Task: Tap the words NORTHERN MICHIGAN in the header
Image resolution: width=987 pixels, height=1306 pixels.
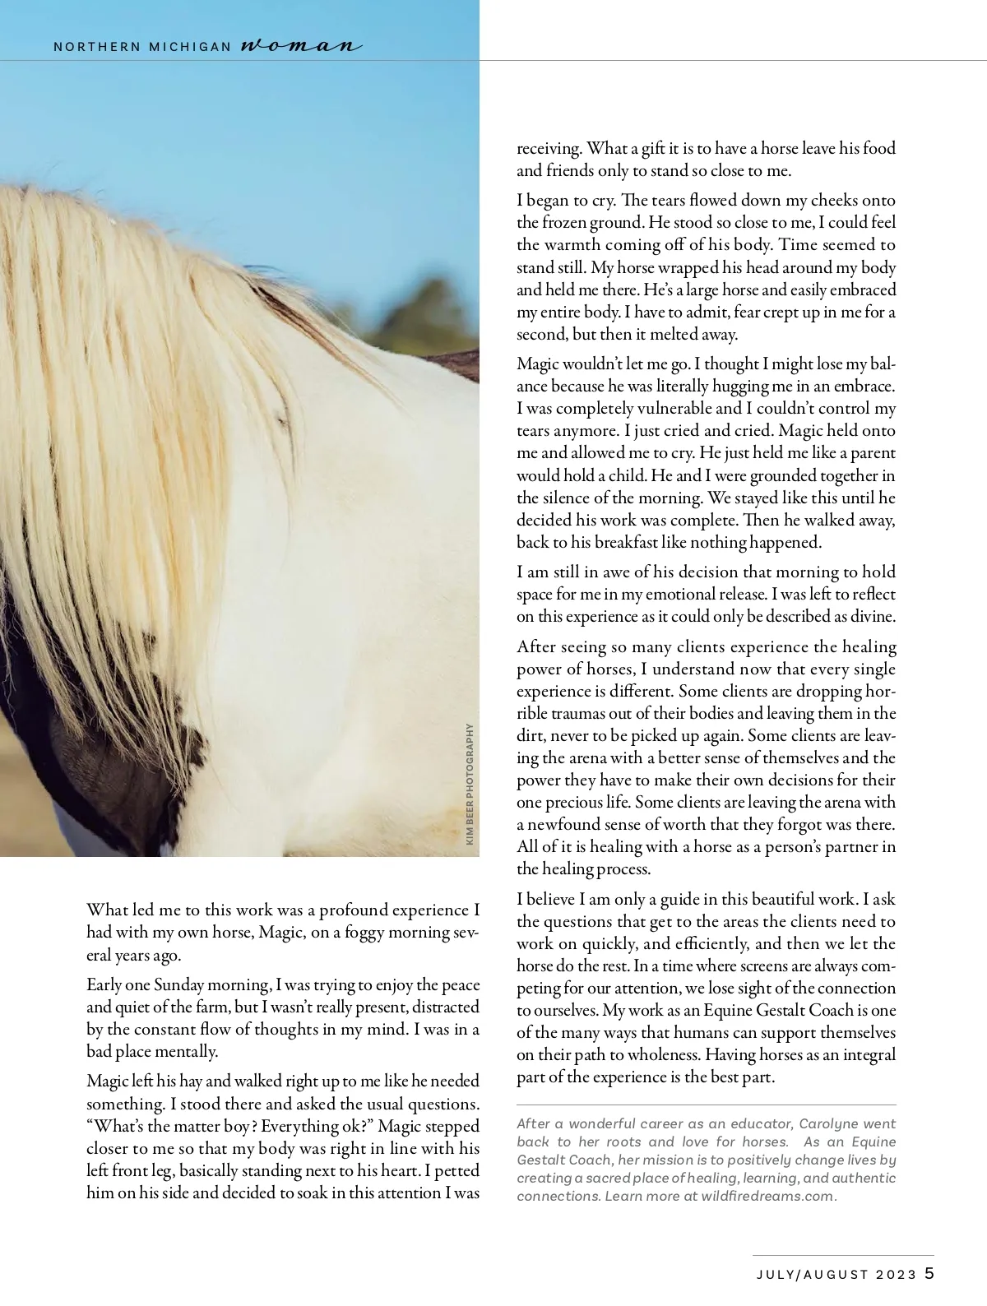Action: pos(142,47)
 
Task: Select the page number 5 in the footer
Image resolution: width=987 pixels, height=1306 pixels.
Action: pos(929,1274)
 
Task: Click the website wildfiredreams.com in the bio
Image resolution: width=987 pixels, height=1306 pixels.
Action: pos(768,1196)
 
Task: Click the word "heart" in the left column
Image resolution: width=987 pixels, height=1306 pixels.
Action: pos(461,1170)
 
